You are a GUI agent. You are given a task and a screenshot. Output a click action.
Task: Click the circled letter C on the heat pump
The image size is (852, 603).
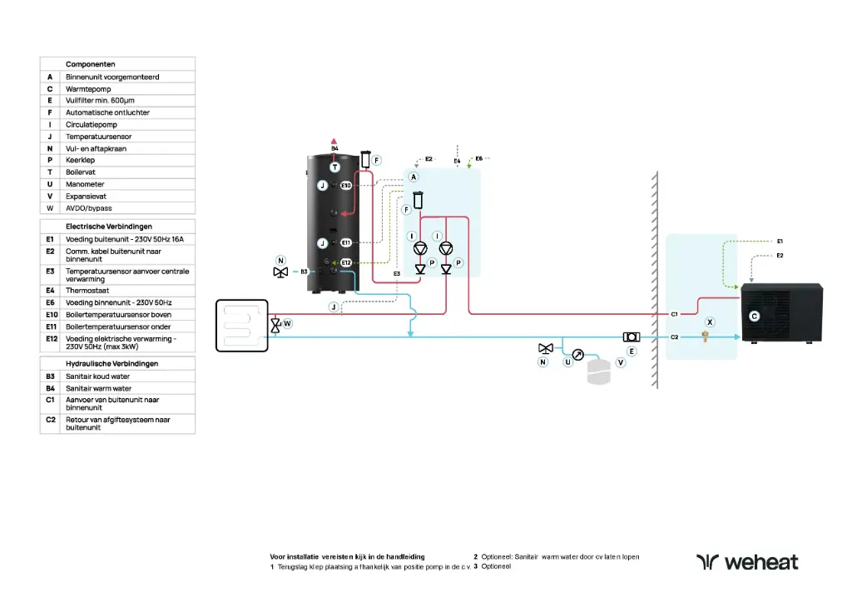tap(754, 316)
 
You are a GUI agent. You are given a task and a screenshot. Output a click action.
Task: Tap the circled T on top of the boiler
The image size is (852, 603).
tap(334, 167)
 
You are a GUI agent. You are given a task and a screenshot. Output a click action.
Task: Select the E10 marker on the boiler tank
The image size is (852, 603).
tap(346, 185)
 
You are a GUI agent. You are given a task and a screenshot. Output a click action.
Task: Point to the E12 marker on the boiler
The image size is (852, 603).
tap(346, 263)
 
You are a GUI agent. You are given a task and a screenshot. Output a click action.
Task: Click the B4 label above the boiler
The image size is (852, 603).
tap(334, 148)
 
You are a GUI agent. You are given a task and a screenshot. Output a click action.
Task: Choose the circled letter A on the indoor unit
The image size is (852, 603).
tap(413, 177)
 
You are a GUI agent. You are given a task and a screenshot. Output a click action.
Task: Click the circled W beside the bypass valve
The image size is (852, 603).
tap(287, 323)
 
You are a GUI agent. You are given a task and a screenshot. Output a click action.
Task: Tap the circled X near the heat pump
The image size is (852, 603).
tap(710, 321)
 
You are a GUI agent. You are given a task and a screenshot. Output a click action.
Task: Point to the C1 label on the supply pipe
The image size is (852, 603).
tap(675, 314)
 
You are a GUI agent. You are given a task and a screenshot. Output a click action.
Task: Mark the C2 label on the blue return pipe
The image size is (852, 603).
tap(675, 337)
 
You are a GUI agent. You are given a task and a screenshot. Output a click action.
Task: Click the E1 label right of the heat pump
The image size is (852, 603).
tap(780, 241)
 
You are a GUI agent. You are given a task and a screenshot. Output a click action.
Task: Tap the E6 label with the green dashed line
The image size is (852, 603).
tap(479, 157)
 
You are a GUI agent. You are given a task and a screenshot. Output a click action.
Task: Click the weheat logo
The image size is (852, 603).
tap(746, 562)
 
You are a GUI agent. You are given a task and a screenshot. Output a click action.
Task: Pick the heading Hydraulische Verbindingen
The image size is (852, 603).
tap(111, 364)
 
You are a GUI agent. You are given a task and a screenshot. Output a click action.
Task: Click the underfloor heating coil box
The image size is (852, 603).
tap(241, 326)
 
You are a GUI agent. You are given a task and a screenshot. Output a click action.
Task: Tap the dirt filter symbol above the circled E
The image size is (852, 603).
tap(631, 336)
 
